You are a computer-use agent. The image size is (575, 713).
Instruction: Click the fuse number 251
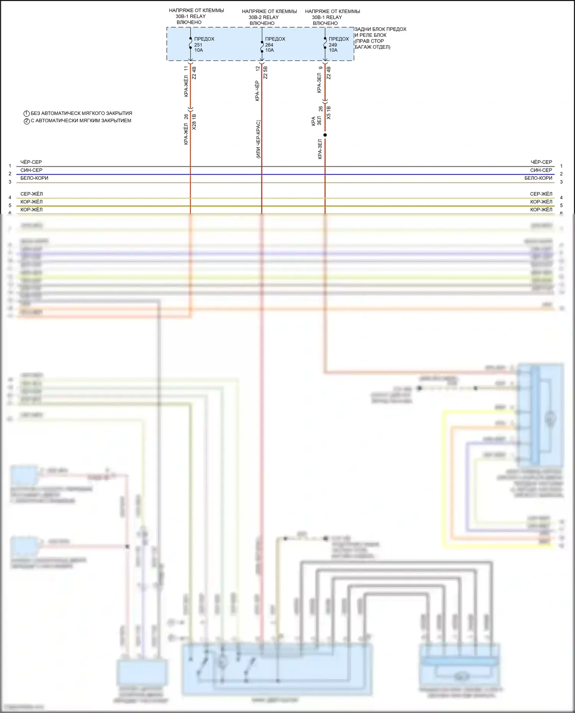pyautogui.click(x=198, y=45)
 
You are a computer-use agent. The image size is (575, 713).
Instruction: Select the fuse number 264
pyautogui.click(x=269, y=45)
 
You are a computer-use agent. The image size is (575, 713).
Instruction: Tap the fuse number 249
pyautogui.click(x=333, y=45)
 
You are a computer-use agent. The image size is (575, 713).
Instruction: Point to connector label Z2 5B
pyautogui.click(x=266, y=72)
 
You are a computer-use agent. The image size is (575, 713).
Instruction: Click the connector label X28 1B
pyautogui.click(x=194, y=122)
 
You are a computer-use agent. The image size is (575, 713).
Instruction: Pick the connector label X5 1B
pyautogui.click(x=329, y=113)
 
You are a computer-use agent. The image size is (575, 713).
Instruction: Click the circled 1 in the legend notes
pyautogui.click(x=27, y=114)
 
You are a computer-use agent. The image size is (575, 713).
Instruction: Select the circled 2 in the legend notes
pyautogui.click(x=27, y=121)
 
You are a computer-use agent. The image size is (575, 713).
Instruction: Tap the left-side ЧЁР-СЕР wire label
pyautogui.click(x=31, y=162)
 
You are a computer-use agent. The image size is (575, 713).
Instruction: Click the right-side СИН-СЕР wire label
pyautogui.click(x=541, y=170)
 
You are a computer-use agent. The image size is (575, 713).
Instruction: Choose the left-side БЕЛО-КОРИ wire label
pyautogui.click(x=34, y=178)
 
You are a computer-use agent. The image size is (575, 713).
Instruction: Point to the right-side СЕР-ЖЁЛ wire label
pyautogui.click(x=541, y=194)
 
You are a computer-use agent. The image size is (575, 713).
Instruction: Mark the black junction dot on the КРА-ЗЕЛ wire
pyautogui.click(x=325, y=135)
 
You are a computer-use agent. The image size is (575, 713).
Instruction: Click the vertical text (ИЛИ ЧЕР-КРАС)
pyautogui.click(x=258, y=139)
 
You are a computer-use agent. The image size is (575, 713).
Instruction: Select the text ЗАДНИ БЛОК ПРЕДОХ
pyautogui.click(x=380, y=29)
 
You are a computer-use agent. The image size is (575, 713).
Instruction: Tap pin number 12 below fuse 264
pyautogui.click(x=258, y=68)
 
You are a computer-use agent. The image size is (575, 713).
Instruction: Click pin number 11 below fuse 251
pyautogui.click(x=186, y=68)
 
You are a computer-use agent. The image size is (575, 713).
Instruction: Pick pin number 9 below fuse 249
pyautogui.click(x=321, y=68)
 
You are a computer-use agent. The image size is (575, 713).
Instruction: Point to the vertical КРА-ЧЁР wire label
pyautogui.click(x=257, y=91)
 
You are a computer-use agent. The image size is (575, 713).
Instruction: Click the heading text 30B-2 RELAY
pyautogui.click(x=263, y=17)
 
